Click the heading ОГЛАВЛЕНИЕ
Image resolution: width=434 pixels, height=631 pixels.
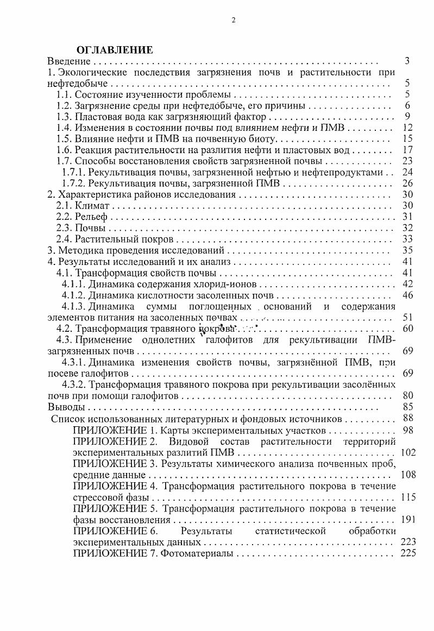point(114,50)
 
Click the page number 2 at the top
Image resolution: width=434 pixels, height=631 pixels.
point(234,20)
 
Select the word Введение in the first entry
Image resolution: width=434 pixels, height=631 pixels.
point(67,61)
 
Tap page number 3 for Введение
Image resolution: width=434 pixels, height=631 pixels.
point(407,61)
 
